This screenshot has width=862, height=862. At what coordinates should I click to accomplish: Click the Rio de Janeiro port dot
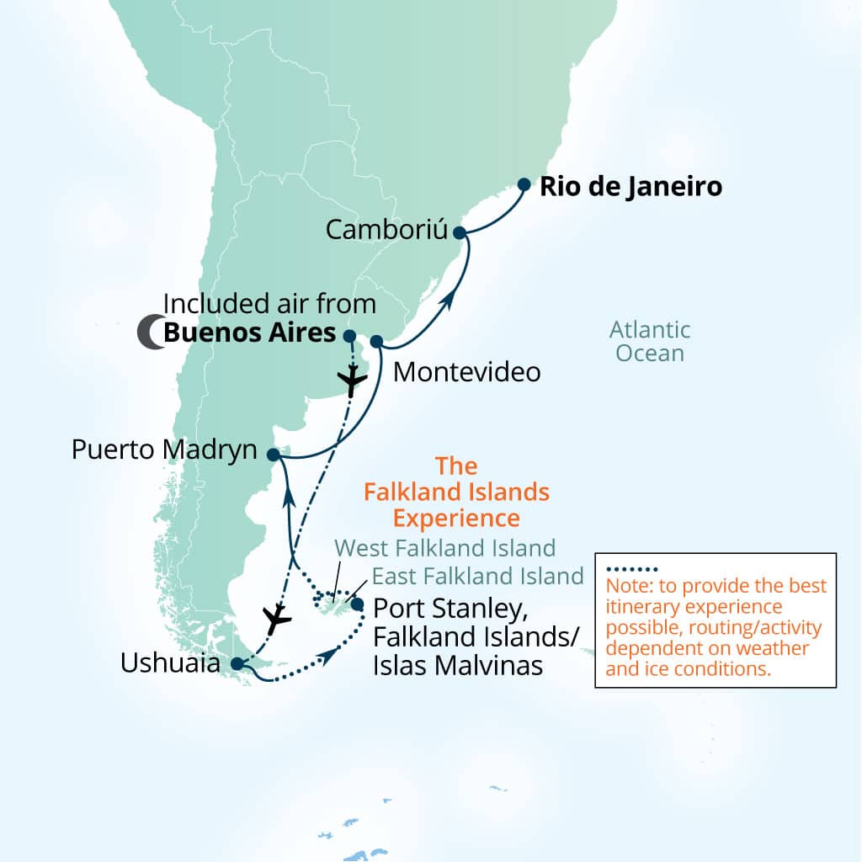pyautogui.click(x=524, y=184)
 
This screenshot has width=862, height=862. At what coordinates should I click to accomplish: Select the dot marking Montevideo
pyautogui.click(x=376, y=342)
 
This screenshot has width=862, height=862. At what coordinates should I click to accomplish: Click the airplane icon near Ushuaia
pyautogui.click(x=275, y=620)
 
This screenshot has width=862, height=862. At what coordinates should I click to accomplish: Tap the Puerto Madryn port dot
pyautogui.click(x=273, y=455)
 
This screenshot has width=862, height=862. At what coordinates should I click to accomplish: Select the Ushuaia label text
pyautogui.click(x=171, y=664)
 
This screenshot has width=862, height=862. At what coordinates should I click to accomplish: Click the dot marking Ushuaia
pyautogui.click(x=237, y=663)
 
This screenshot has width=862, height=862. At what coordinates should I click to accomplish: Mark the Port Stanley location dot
pyautogui.click(x=358, y=604)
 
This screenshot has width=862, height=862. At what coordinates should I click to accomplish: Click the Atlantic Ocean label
pyautogui.click(x=650, y=341)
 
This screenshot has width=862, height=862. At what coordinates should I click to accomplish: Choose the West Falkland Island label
pyautogui.click(x=445, y=548)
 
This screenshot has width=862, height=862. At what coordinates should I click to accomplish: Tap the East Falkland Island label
pyautogui.click(x=477, y=576)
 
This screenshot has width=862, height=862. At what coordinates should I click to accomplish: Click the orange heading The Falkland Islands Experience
pyautogui.click(x=456, y=491)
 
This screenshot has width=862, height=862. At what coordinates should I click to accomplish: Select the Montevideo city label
pyautogui.click(x=466, y=371)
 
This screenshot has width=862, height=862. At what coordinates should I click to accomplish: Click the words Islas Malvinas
pyautogui.click(x=457, y=665)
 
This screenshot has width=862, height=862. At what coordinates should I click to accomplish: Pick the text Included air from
pyautogui.click(x=269, y=304)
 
